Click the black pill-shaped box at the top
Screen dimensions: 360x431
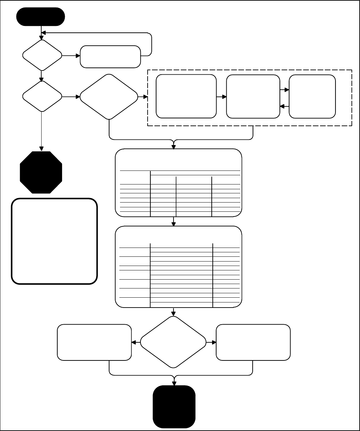tap(41, 16)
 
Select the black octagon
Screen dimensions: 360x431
tap(41, 172)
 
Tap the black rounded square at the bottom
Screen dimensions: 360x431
tap(174, 406)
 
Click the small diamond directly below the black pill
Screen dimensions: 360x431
tap(42, 55)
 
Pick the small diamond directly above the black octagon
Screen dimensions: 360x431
tap(42, 96)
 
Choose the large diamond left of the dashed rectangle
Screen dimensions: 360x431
tap(109, 97)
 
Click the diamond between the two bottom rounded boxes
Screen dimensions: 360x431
tap(174, 342)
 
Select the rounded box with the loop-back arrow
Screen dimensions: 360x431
tap(110, 57)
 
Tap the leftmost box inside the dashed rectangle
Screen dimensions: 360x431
tap(186, 96)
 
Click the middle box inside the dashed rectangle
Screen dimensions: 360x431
tap(253, 96)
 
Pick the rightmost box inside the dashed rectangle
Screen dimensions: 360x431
tap(312, 96)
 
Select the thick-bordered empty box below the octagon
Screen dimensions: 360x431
tap(55, 241)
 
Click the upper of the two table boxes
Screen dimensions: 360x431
tap(179, 183)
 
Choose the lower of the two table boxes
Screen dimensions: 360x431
tap(179, 267)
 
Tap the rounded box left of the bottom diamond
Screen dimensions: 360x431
tap(94, 342)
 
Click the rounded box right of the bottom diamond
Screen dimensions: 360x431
tap(253, 342)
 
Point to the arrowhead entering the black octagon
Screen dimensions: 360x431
tap(42, 149)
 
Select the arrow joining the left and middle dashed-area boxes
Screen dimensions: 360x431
tap(222, 97)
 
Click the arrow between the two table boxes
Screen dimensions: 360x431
tap(174, 222)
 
